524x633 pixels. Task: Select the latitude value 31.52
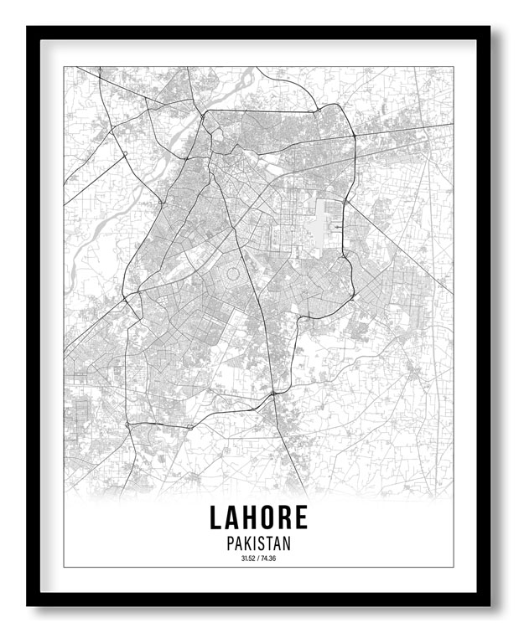pyautogui.click(x=247, y=558)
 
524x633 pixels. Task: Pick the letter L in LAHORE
pyautogui.click(x=217, y=517)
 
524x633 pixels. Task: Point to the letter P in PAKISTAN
pyautogui.click(x=231, y=543)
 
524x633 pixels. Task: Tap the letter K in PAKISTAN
pyautogui.click(x=246, y=543)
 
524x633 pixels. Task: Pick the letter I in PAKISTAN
pyautogui.click(x=254, y=543)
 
